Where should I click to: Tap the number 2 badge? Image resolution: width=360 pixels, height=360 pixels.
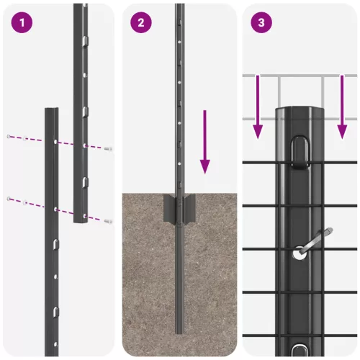(141, 22)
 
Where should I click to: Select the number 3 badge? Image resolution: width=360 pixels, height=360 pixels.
(260, 22)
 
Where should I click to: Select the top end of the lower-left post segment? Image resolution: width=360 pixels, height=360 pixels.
(52, 110)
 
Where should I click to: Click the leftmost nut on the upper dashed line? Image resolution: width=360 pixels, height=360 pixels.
(8, 135)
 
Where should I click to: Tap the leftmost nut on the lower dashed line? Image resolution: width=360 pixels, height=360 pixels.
(9, 197)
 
